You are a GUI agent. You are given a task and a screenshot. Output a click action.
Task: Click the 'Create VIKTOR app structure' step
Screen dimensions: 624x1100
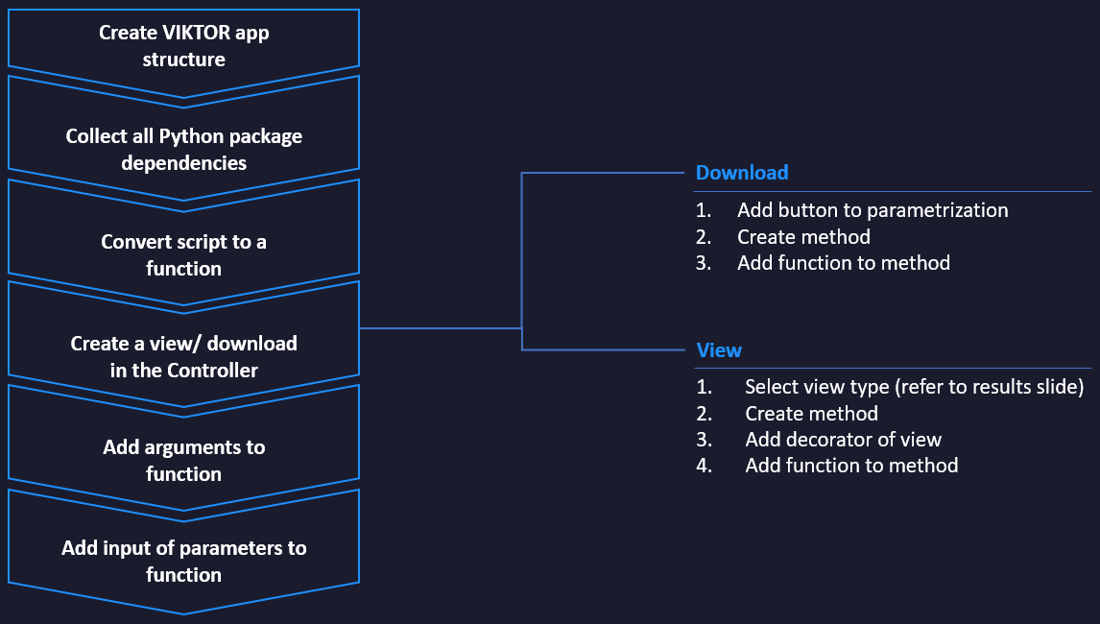tap(183, 46)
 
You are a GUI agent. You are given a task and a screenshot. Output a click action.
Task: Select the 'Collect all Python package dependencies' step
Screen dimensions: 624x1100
tap(183, 150)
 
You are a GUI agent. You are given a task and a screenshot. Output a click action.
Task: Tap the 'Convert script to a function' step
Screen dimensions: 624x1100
tap(183, 255)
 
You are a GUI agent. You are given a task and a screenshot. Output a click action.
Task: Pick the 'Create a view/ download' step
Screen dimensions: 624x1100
tap(183, 356)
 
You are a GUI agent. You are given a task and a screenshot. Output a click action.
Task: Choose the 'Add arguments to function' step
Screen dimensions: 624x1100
tap(183, 460)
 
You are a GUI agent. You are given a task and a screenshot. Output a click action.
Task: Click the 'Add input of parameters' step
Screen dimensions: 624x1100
tap(183, 561)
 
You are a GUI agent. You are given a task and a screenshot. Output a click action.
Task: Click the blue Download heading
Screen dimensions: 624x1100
tap(742, 173)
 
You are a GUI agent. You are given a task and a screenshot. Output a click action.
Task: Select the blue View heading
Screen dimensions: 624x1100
tap(719, 350)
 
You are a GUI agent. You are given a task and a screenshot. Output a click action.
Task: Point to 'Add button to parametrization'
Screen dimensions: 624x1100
tap(873, 210)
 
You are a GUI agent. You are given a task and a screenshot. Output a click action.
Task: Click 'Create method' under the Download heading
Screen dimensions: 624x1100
tap(803, 236)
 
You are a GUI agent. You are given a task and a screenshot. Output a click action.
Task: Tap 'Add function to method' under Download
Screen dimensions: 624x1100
tap(843, 263)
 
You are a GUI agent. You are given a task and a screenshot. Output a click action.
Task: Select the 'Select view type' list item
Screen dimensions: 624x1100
tap(914, 387)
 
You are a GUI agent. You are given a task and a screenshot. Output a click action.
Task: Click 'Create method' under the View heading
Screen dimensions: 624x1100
tap(811, 414)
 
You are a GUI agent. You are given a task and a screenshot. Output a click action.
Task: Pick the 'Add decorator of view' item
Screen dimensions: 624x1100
tap(843, 440)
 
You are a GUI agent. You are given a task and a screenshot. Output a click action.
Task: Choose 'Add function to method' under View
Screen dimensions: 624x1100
tap(850, 466)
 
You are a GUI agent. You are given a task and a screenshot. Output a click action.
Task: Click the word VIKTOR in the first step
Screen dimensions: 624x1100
tap(196, 34)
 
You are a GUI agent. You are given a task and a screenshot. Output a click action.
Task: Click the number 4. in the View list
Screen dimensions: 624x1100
tap(705, 466)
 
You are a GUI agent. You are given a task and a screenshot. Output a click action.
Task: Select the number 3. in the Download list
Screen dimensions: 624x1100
tap(705, 263)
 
